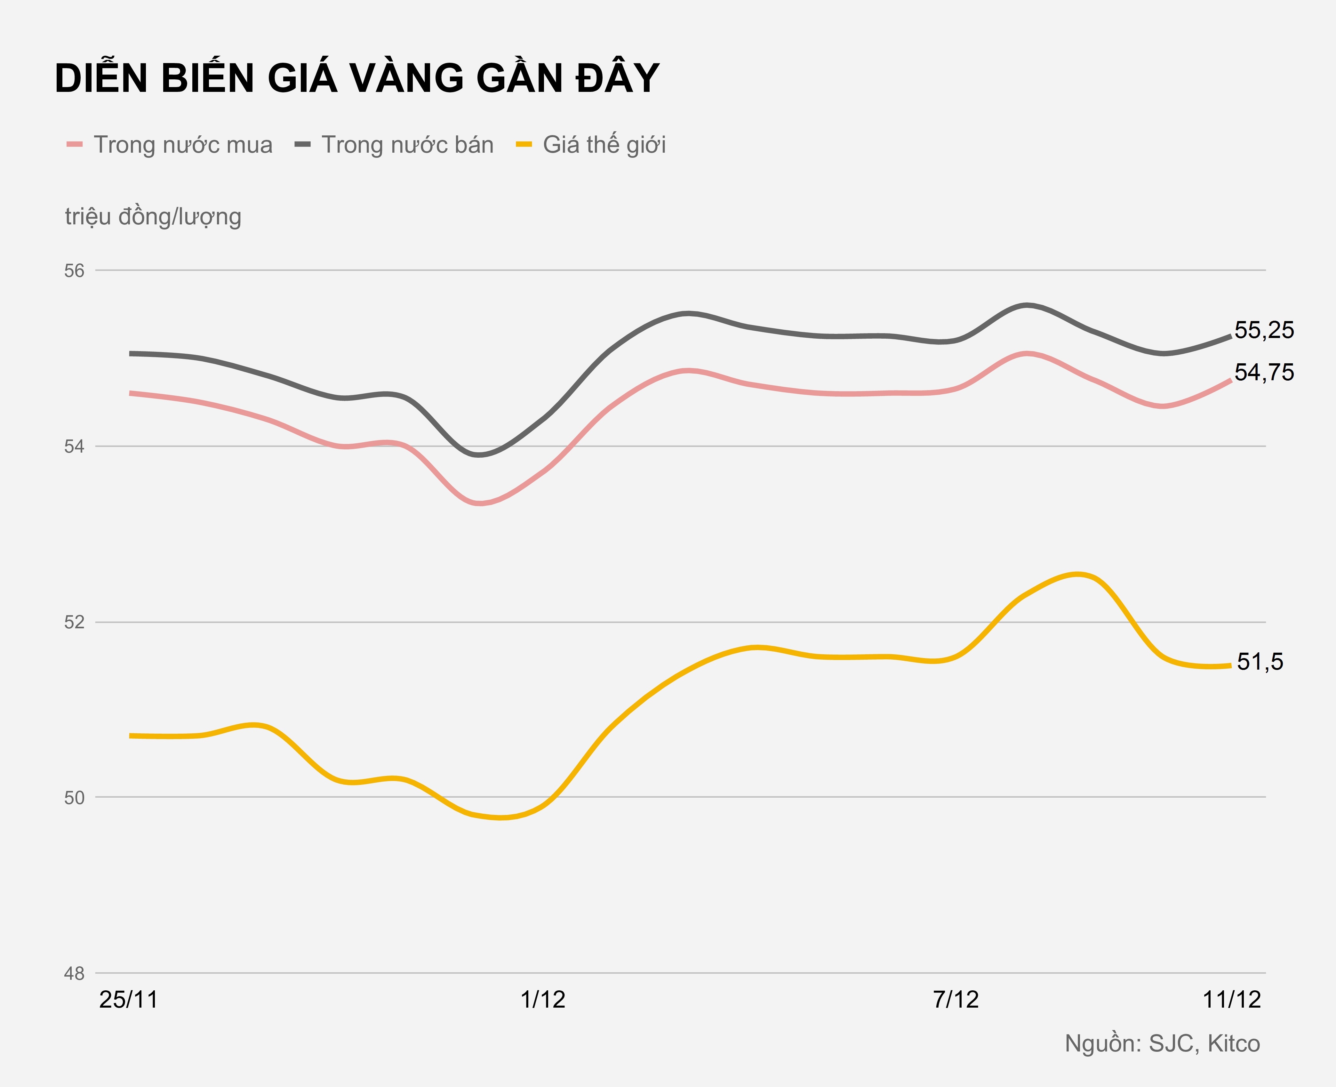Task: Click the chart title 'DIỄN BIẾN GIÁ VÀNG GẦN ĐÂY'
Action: pos(357,79)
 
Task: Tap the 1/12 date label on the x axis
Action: pos(543,1000)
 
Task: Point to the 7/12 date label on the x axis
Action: pos(955,1000)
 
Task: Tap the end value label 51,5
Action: pos(1260,662)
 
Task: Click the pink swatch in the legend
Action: pos(75,145)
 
